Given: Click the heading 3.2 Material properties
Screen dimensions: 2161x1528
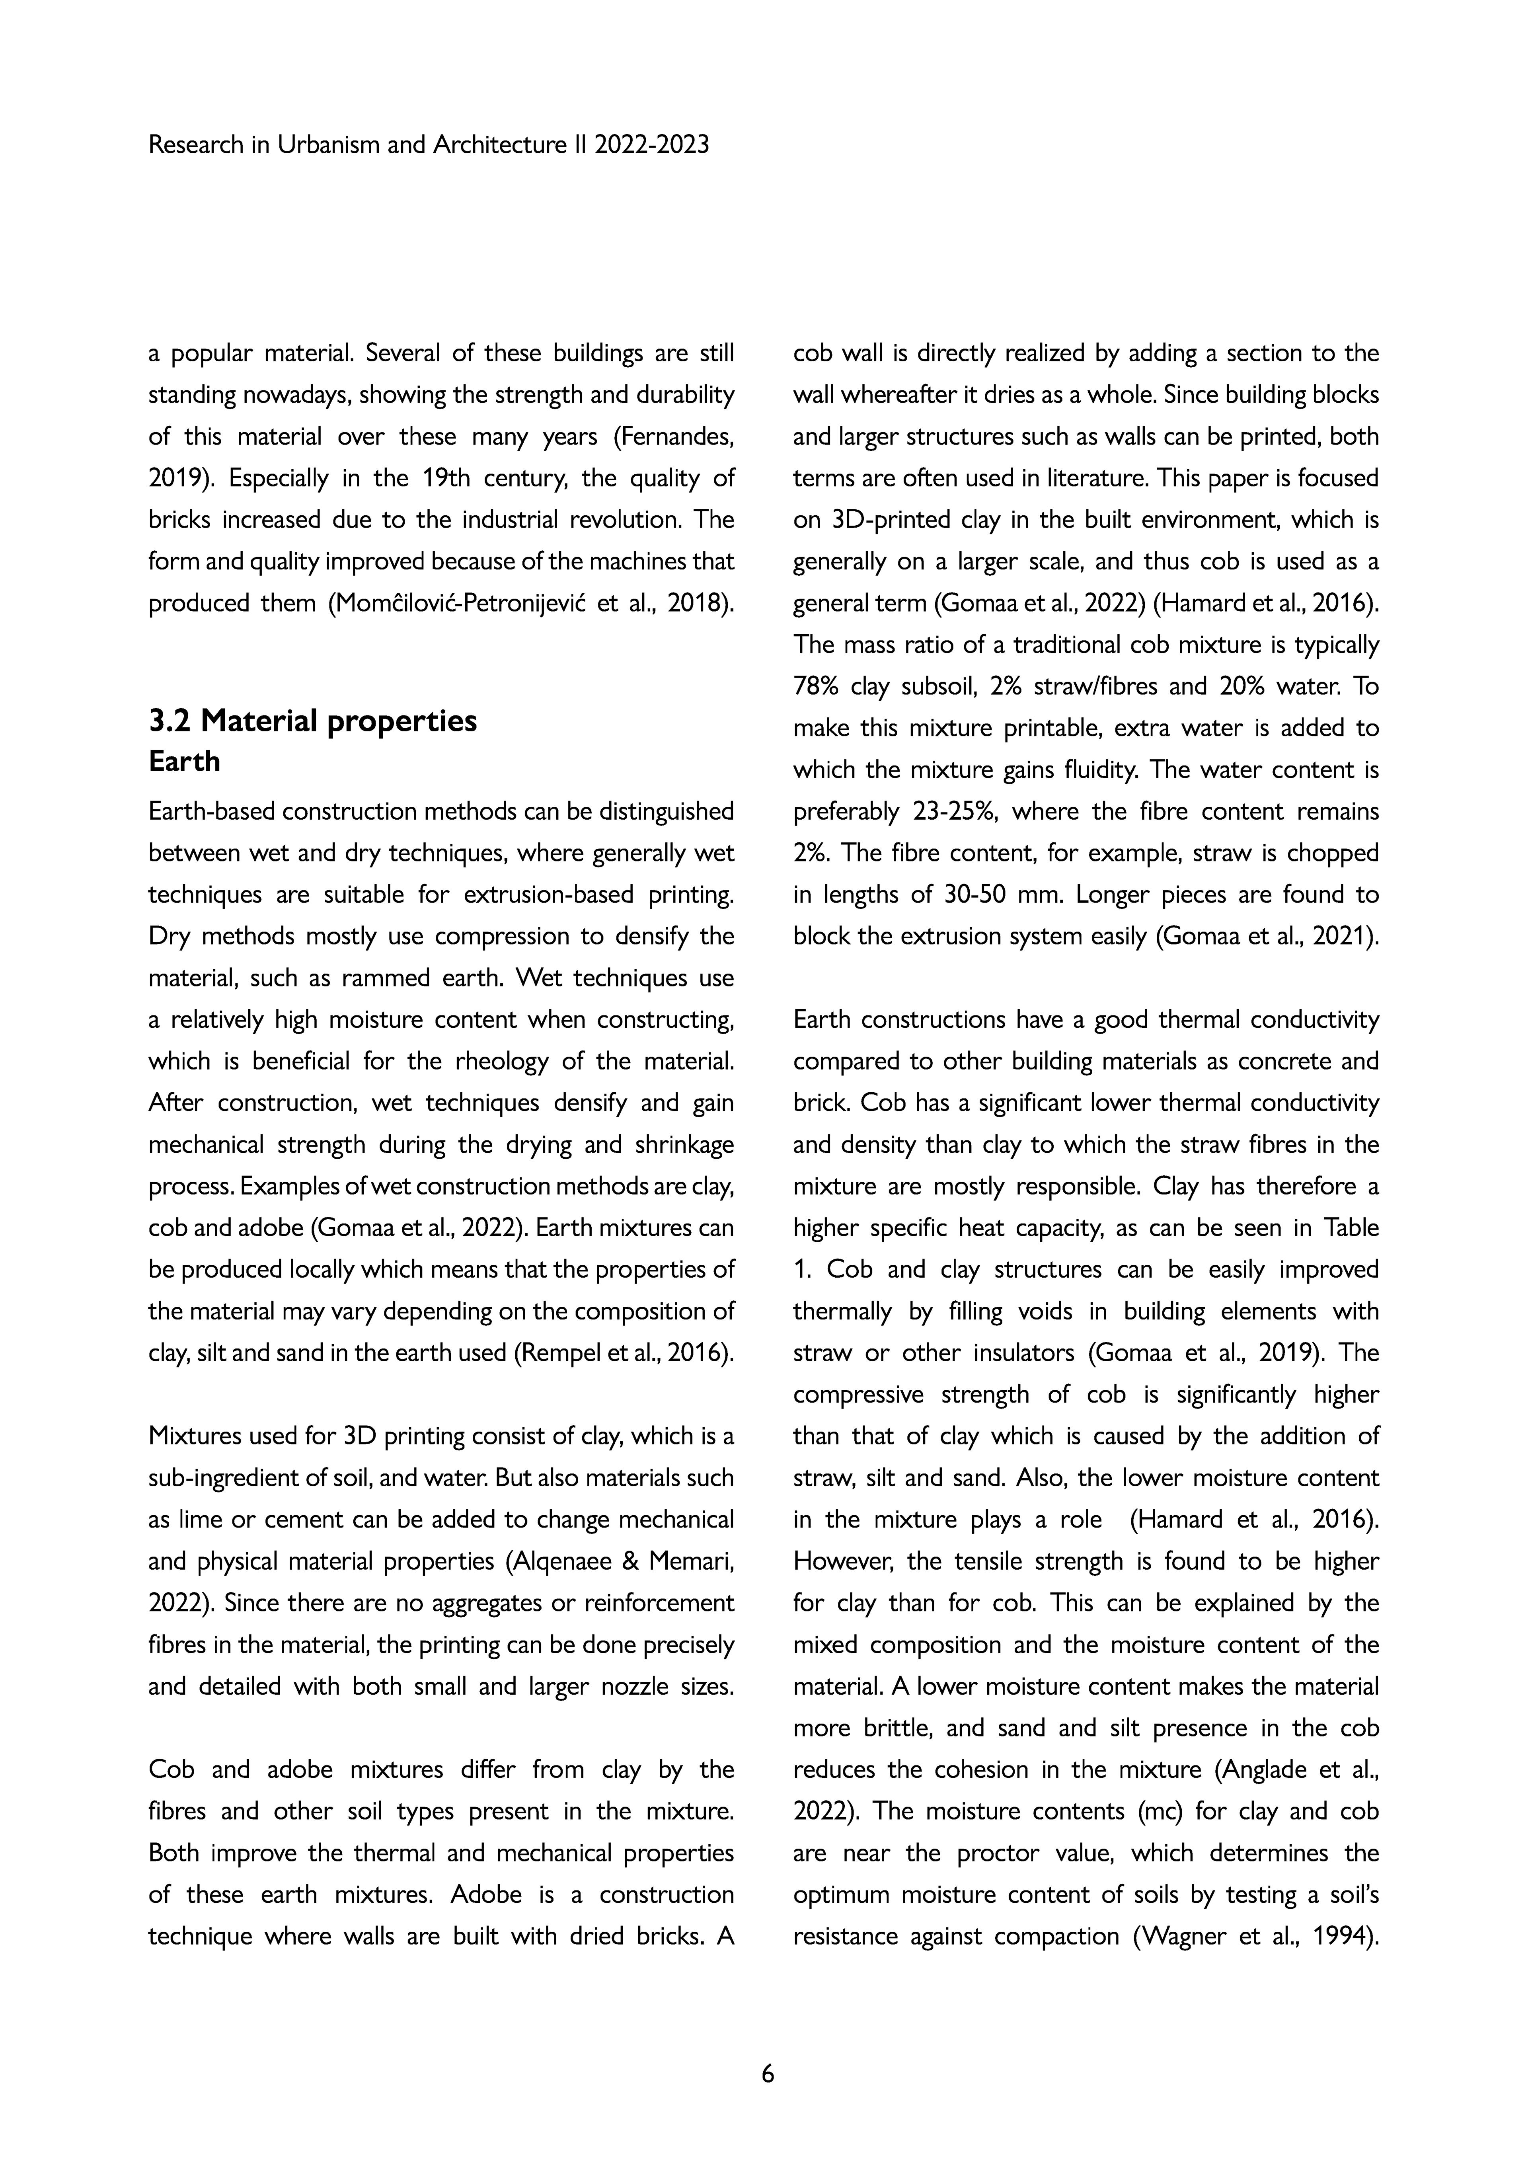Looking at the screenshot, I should click(313, 721).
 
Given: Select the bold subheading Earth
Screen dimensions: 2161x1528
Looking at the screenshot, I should click(185, 762).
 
